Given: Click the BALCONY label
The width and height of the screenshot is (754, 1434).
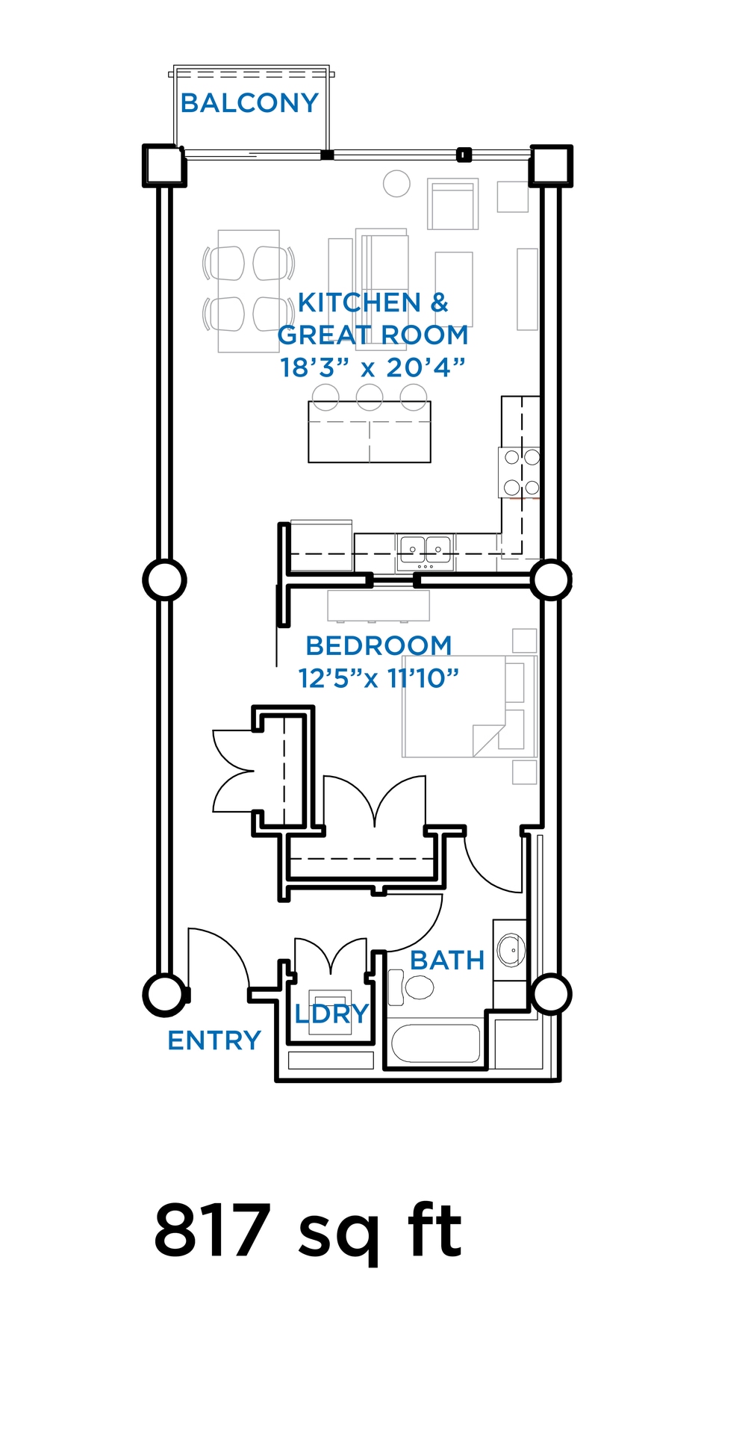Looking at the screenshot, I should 249,103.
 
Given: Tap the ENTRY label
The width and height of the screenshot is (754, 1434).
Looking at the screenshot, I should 214,1040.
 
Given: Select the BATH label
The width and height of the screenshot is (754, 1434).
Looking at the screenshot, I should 447,960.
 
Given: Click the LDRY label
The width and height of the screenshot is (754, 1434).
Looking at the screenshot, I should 331,1014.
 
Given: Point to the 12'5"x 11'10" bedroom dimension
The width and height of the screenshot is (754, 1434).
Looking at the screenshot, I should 378,678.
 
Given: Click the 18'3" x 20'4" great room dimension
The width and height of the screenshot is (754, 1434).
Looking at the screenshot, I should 373,367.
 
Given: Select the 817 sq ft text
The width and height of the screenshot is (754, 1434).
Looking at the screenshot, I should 308,1231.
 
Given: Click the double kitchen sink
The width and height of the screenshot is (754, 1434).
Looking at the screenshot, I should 426,551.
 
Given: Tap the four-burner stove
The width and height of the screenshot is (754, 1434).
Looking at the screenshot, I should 520,472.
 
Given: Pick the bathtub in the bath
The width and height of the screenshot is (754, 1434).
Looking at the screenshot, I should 436,1043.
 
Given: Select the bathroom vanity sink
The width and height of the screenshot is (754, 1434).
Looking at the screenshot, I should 511,950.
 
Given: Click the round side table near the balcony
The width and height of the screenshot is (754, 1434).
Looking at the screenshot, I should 396,184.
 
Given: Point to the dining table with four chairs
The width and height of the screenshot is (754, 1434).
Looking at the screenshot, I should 249,291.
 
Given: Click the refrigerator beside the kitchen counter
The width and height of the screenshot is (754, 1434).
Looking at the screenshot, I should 321,546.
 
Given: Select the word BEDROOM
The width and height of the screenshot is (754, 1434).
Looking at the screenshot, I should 378,645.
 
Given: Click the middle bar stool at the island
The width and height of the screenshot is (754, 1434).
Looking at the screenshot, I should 370,397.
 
